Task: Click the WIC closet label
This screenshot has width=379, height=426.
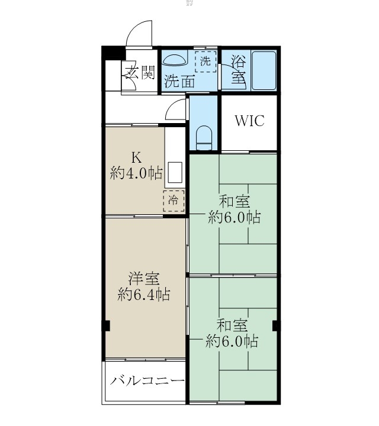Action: [x=249, y=121]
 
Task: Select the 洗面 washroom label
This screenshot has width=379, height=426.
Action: [x=179, y=81]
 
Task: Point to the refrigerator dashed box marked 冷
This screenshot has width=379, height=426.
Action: [x=174, y=201]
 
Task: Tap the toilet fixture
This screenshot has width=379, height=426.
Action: [x=204, y=137]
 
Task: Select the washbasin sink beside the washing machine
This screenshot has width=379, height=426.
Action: [x=174, y=60]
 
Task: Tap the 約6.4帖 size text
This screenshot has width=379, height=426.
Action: [x=144, y=294]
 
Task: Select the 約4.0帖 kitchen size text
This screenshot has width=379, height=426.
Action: [x=136, y=173]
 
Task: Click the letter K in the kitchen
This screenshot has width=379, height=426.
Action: [x=136, y=158]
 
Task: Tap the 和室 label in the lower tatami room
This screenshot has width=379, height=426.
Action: [x=232, y=325]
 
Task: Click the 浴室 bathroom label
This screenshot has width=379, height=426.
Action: [x=237, y=69]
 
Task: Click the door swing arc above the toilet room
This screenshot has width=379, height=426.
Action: [x=176, y=109]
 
